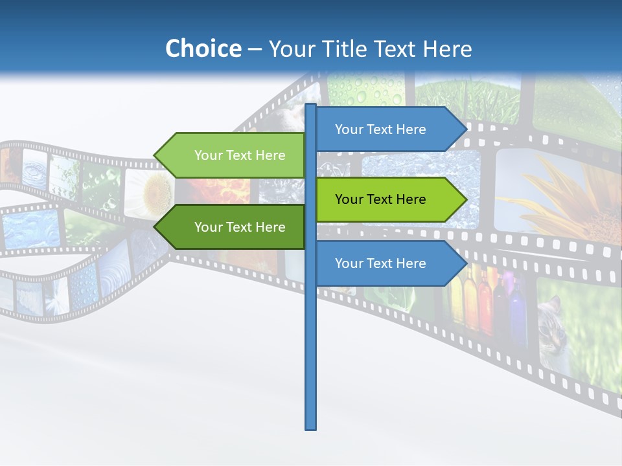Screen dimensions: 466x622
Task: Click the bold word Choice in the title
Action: pyautogui.click(x=203, y=49)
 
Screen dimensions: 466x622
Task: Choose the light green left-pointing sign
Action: pyautogui.click(x=233, y=155)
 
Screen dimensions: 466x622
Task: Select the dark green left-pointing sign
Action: pyautogui.click(x=233, y=227)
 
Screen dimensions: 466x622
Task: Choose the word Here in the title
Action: pyautogui.click(x=447, y=49)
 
